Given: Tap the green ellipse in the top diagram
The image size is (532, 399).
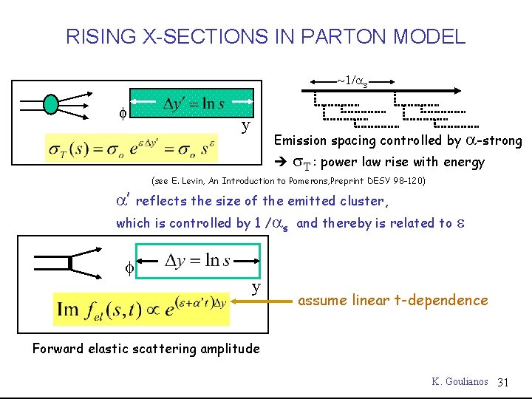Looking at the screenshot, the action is (50, 103).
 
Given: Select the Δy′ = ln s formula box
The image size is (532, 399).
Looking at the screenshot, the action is (191, 104).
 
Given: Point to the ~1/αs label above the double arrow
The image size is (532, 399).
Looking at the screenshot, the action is (353, 79).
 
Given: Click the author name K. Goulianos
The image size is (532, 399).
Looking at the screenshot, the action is (460, 381).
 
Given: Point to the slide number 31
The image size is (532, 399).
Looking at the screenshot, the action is (504, 381).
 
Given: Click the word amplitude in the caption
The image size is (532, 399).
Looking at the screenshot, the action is (228, 349).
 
